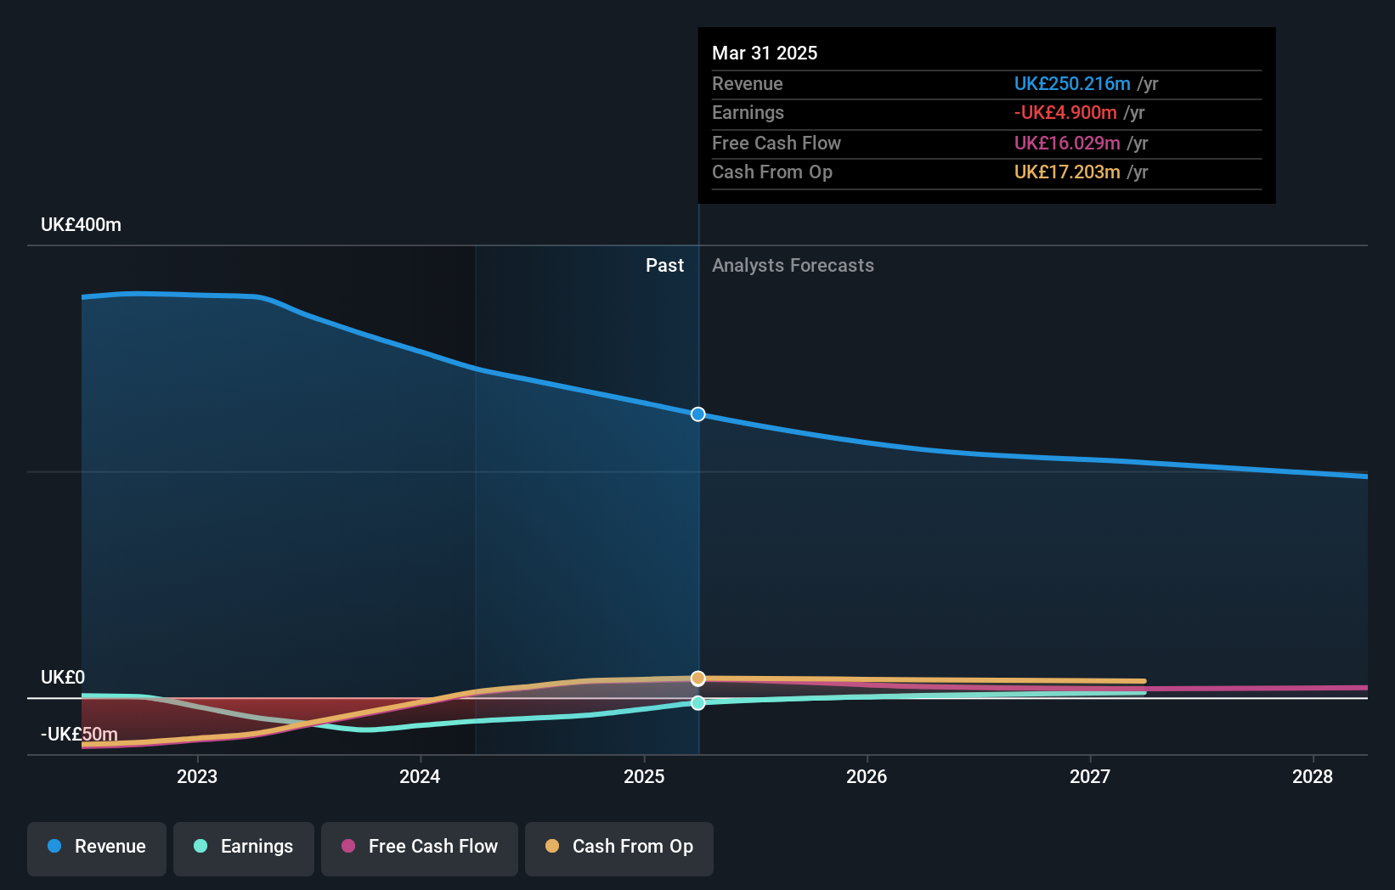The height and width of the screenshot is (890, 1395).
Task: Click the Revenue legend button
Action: coord(97,847)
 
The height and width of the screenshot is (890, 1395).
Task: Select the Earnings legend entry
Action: coord(244,847)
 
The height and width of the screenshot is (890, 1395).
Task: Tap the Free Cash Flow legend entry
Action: coord(420,847)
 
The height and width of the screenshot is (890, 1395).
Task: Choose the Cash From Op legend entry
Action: coord(619,847)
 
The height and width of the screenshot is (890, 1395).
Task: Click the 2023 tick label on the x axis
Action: coord(197,776)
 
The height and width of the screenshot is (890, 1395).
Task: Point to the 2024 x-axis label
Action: coord(420,776)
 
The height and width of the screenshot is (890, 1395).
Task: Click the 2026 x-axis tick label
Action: coord(867,776)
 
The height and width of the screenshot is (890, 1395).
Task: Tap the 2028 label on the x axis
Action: coord(1313,776)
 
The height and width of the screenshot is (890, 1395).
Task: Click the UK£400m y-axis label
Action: coord(81,225)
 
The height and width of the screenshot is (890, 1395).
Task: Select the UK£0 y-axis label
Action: coord(63,678)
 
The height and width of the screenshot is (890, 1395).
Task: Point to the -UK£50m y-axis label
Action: coord(79,734)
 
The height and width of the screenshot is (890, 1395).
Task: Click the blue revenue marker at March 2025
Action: coord(697,414)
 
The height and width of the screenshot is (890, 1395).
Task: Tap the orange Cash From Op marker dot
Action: coord(697,678)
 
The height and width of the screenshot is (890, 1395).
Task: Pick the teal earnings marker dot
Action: coord(697,703)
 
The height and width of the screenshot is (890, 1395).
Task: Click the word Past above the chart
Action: coord(664,266)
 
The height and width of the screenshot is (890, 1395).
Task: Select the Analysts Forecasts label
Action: coord(793,266)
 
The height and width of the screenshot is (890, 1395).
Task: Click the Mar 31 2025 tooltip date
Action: coord(765,54)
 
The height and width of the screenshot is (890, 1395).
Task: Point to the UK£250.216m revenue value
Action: coord(1072,84)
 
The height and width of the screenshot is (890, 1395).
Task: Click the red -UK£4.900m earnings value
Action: coord(1065,113)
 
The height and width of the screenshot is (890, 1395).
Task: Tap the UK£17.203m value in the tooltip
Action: coord(1067,172)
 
